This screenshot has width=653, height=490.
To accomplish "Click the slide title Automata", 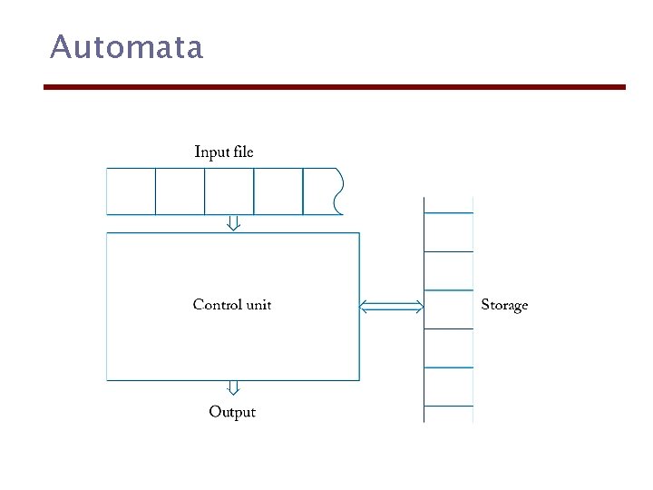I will coord(127,46).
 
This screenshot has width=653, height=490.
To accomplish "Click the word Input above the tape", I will coord(212,152).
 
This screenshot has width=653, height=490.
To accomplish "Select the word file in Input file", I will coord(243,152).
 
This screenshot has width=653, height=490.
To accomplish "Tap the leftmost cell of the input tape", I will coord(132,191).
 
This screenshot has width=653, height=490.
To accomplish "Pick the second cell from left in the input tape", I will coord(180,191).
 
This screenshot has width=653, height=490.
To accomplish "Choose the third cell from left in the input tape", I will coord(229,191).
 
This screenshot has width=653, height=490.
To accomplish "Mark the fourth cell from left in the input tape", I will coord(278,191).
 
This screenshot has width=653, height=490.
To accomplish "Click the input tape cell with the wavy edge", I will coord(321,191).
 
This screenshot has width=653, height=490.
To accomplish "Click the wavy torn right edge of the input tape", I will coord(339,191).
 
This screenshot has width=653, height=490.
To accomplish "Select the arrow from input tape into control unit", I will coord(233,223).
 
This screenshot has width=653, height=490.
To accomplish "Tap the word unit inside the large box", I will coord(258,305).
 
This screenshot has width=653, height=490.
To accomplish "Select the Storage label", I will coord(504,306).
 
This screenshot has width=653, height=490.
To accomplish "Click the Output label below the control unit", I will coord(232,412).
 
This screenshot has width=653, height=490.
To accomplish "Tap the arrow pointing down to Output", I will coord(233,388).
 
